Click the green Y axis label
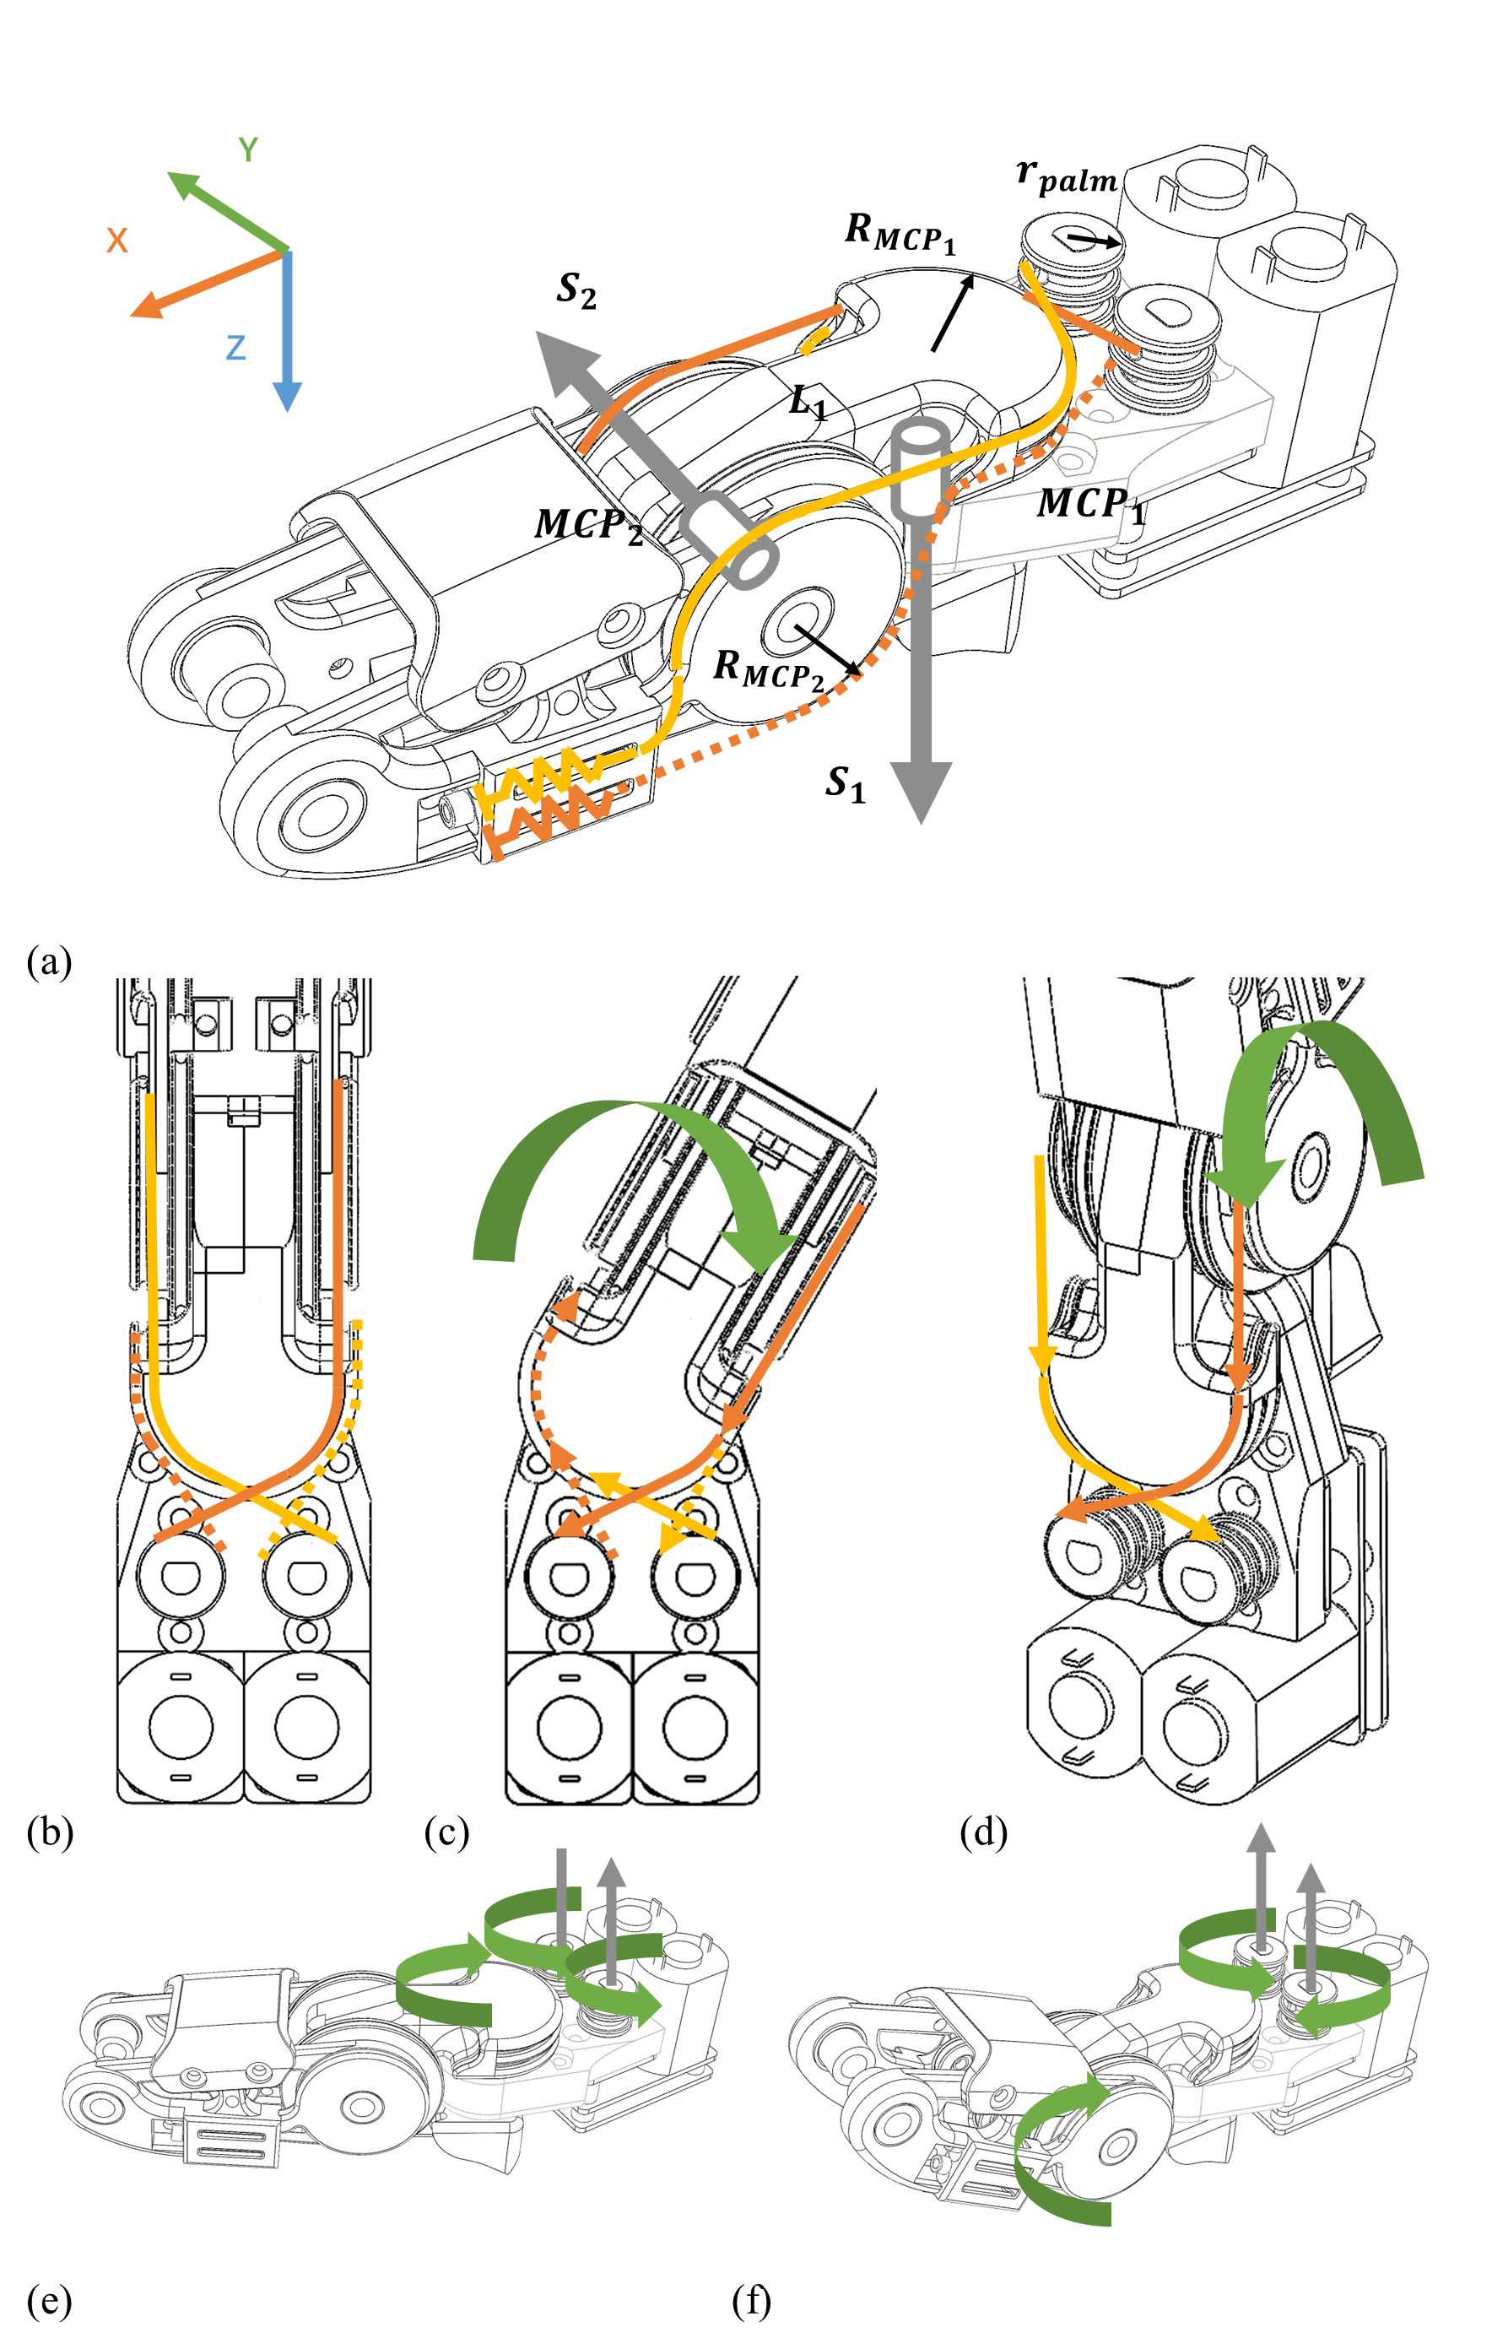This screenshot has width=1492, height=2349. pyautogui.click(x=248, y=149)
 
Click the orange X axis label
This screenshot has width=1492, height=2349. pyautogui.click(x=117, y=240)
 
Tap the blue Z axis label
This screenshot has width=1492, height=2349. pyautogui.click(x=235, y=347)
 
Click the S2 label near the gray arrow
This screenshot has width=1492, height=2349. pyautogui.click(x=576, y=290)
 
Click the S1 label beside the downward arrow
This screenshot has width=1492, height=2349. pyautogui.click(x=845, y=783)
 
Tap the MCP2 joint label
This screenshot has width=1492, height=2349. pyautogui.click(x=588, y=526)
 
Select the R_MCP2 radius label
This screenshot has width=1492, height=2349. pyautogui.click(x=769, y=669)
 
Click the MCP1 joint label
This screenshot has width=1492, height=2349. pyautogui.click(x=1090, y=506)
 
